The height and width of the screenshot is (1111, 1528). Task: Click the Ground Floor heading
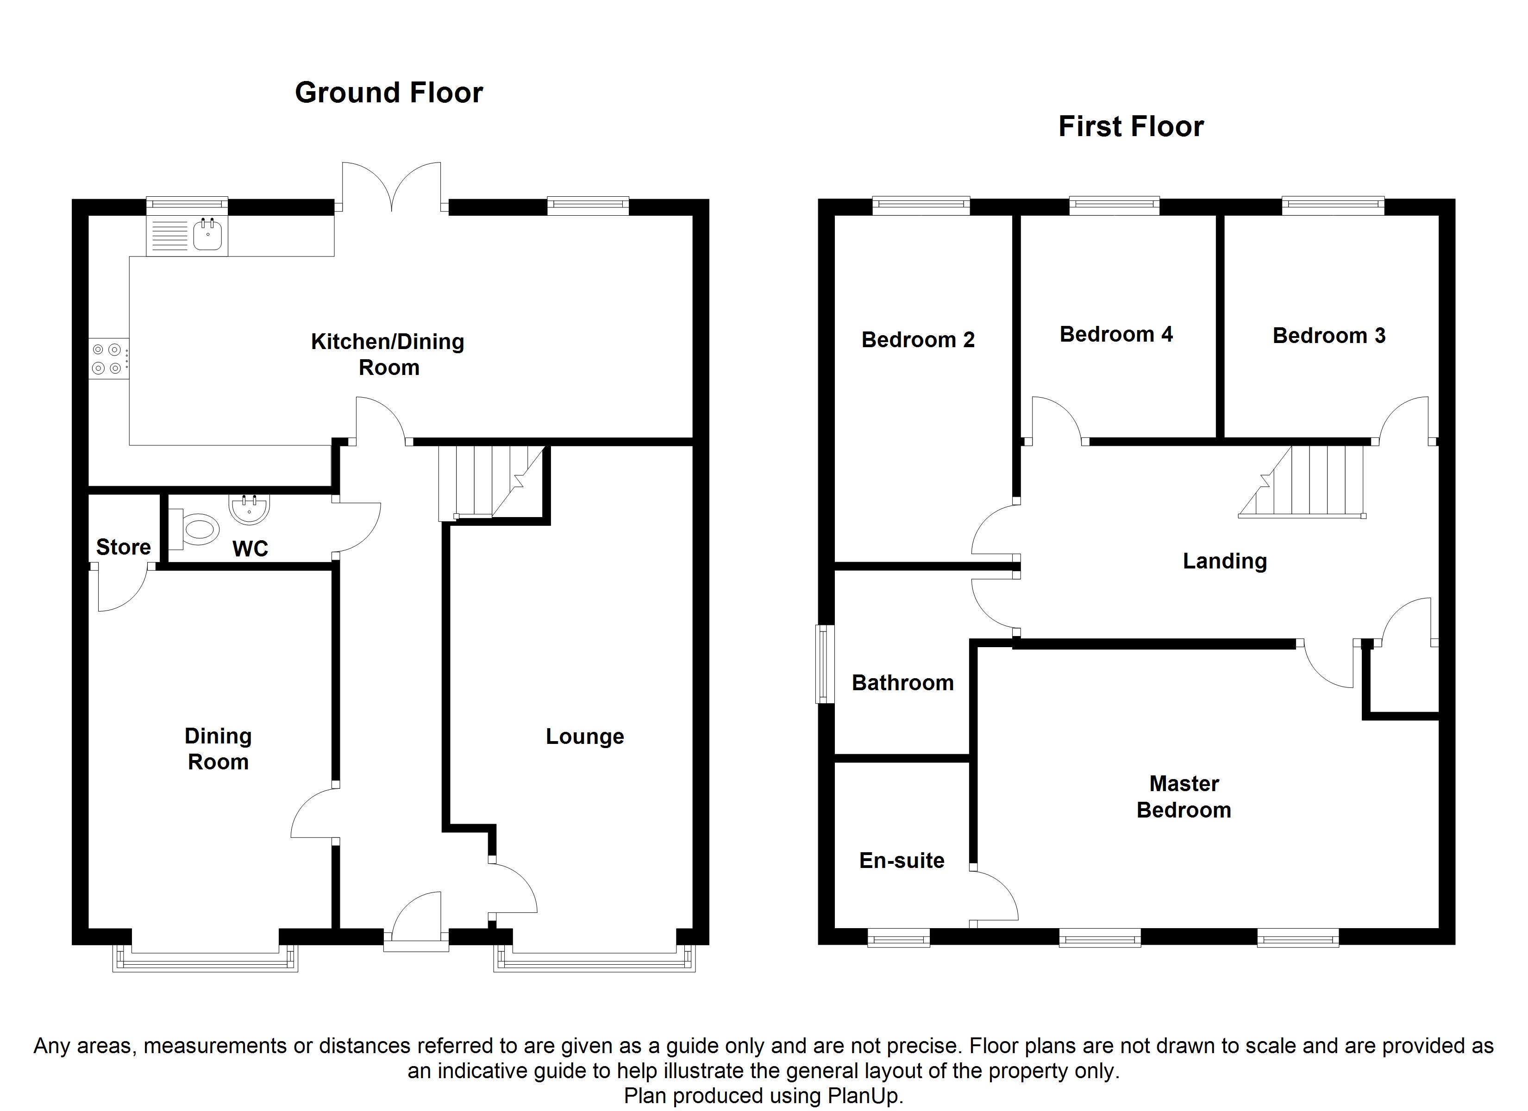tap(389, 93)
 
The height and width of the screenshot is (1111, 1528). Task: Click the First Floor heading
tap(1131, 127)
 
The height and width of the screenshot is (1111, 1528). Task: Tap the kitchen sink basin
tap(207, 234)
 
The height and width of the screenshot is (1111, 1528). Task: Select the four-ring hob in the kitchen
tap(108, 358)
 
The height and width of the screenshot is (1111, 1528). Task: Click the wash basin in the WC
tap(249, 509)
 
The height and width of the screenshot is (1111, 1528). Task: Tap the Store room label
tap(123, 547)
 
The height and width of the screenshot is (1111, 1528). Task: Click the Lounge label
tap(585, 737)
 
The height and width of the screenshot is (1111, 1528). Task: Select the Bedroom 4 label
tap(1116, 334)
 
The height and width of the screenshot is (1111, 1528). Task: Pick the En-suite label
tap(902, 861)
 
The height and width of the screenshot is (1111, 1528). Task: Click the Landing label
tap(1225, 561)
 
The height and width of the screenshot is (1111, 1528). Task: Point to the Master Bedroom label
tap(1184, 796)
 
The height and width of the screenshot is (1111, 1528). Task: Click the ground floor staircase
tap(492, 483)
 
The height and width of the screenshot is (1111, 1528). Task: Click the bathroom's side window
tap(825, 664)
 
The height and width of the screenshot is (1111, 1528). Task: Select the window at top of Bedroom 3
tap(1333, 206)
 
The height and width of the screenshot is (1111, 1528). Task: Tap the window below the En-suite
tap(898, 938)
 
